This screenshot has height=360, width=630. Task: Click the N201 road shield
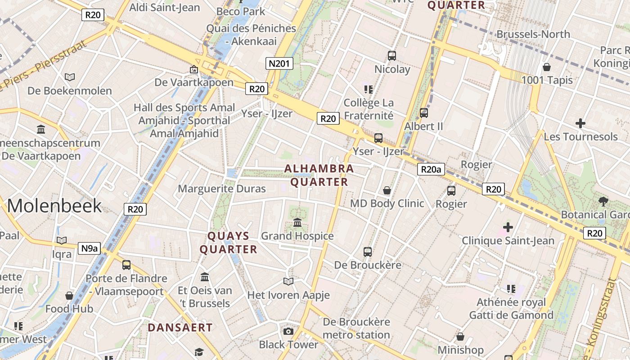point(279,63)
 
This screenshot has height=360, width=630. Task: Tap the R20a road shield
point(431,169)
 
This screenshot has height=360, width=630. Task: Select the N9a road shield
point(89,248)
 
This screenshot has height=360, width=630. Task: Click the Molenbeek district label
point(54,206)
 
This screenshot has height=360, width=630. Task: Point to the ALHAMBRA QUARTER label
point(319,175)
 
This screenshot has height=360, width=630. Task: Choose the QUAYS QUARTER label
point(229,243)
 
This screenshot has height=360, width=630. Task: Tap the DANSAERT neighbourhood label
point(180,328)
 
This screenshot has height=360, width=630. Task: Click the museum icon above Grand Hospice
point(297,222)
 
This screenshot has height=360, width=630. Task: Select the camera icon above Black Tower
point(288,332)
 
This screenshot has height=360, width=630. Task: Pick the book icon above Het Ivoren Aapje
point(288,282)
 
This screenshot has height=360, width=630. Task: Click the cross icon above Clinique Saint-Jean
point(508,227)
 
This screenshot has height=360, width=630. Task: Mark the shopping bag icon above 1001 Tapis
point(547,67)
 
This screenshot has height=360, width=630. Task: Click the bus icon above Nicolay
point(392,56)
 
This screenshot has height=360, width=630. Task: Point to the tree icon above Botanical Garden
point(603,201)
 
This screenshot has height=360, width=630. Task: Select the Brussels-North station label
point(533,34)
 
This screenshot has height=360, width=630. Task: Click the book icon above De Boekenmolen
point(70,77)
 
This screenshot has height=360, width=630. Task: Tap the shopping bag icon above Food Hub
point(69,296)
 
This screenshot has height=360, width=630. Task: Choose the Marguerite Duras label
point(222,189)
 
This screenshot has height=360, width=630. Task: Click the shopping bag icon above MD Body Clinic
point(387,190)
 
